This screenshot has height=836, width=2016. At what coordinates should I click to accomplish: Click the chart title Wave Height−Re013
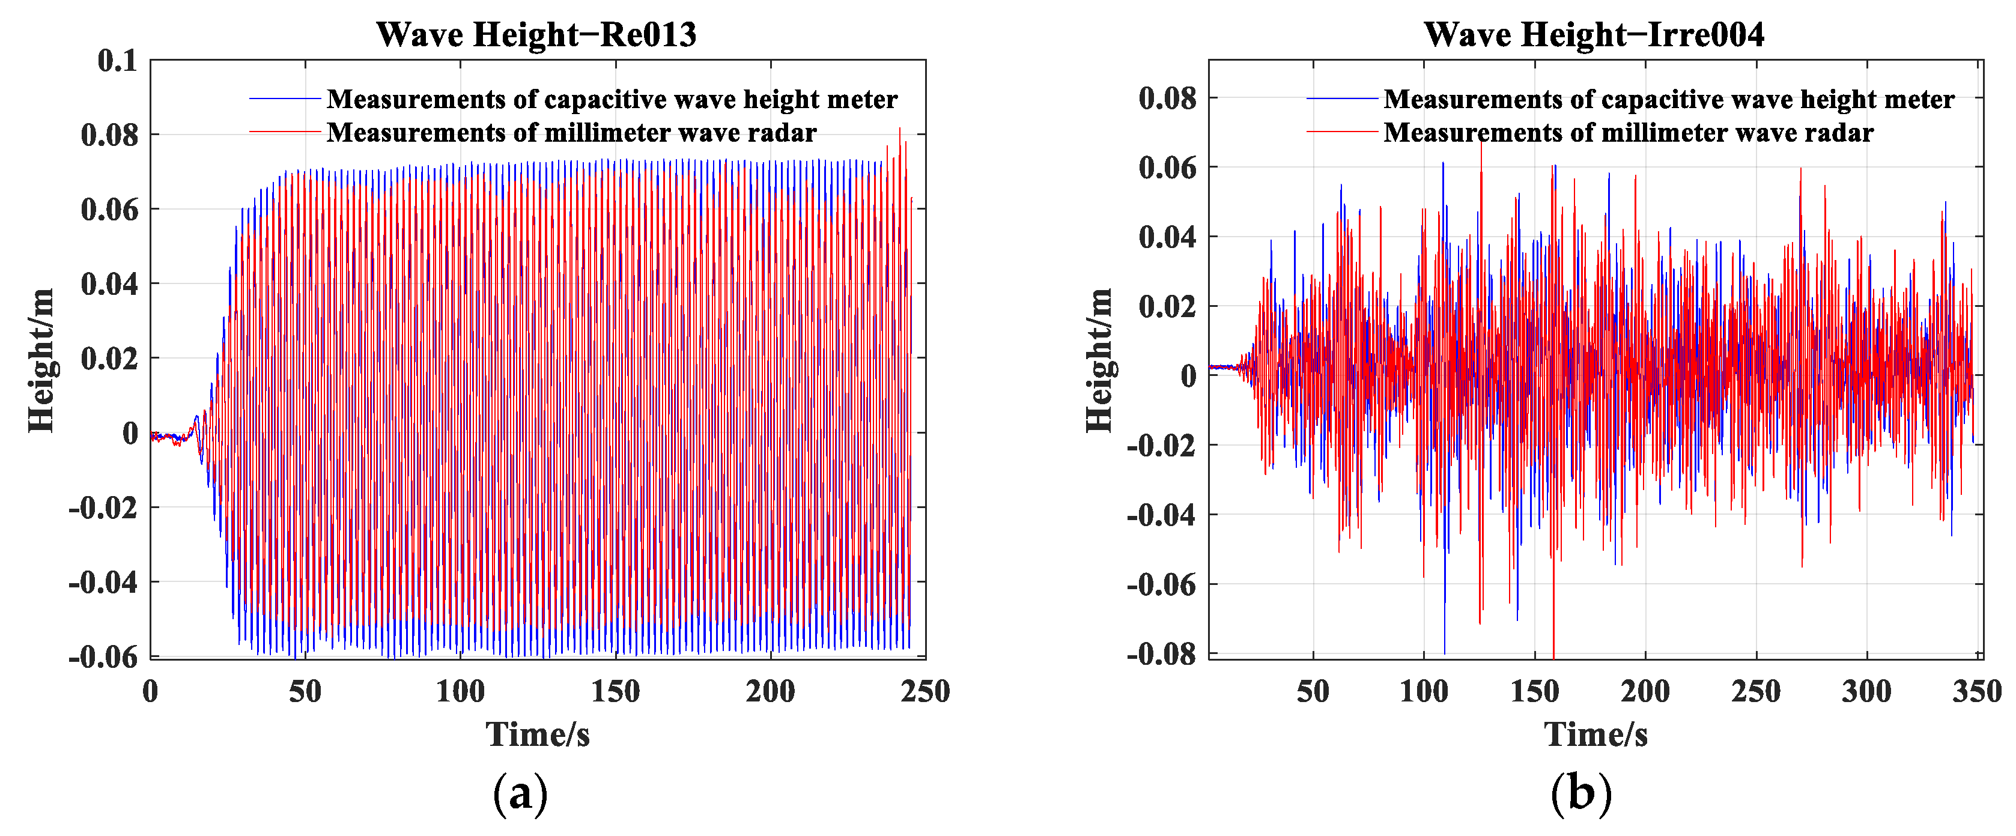[536, 34]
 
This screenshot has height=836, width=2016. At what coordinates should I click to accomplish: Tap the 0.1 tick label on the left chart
[117, 61]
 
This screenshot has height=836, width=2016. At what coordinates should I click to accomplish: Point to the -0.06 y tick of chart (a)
[103, 657]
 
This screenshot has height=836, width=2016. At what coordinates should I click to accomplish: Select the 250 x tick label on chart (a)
[925, 691]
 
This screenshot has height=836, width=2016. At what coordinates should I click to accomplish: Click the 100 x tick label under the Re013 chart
[460, 691]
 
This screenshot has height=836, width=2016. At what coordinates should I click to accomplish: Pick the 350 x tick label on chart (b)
[1977, 691]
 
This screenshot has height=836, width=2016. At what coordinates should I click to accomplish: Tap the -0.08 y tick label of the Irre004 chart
[1161, 653]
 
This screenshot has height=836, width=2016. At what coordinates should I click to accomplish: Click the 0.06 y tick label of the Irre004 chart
[1168, 168]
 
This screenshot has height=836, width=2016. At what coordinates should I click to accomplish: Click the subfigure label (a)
[520, 794]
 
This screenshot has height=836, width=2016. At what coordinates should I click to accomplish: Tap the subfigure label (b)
[1581, 794]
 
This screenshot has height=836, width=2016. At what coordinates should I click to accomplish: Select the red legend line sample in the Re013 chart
[285, 132]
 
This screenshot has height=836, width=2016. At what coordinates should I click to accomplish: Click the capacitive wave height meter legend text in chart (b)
[1669, 100]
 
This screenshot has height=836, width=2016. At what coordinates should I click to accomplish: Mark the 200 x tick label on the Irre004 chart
[1645, 691]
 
